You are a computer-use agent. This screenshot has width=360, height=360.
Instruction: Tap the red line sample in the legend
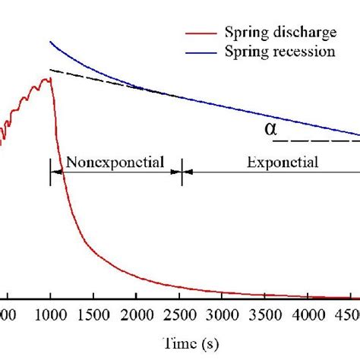[201, 33]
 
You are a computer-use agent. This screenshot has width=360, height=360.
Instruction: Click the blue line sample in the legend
[201, 52]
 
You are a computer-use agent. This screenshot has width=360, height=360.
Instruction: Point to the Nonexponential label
[115, 162]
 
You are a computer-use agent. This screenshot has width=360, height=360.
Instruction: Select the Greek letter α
[271, 129]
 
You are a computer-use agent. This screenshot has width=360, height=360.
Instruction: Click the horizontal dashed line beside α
[315, 141]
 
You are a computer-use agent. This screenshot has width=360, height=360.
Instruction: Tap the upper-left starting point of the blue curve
[50, 43]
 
